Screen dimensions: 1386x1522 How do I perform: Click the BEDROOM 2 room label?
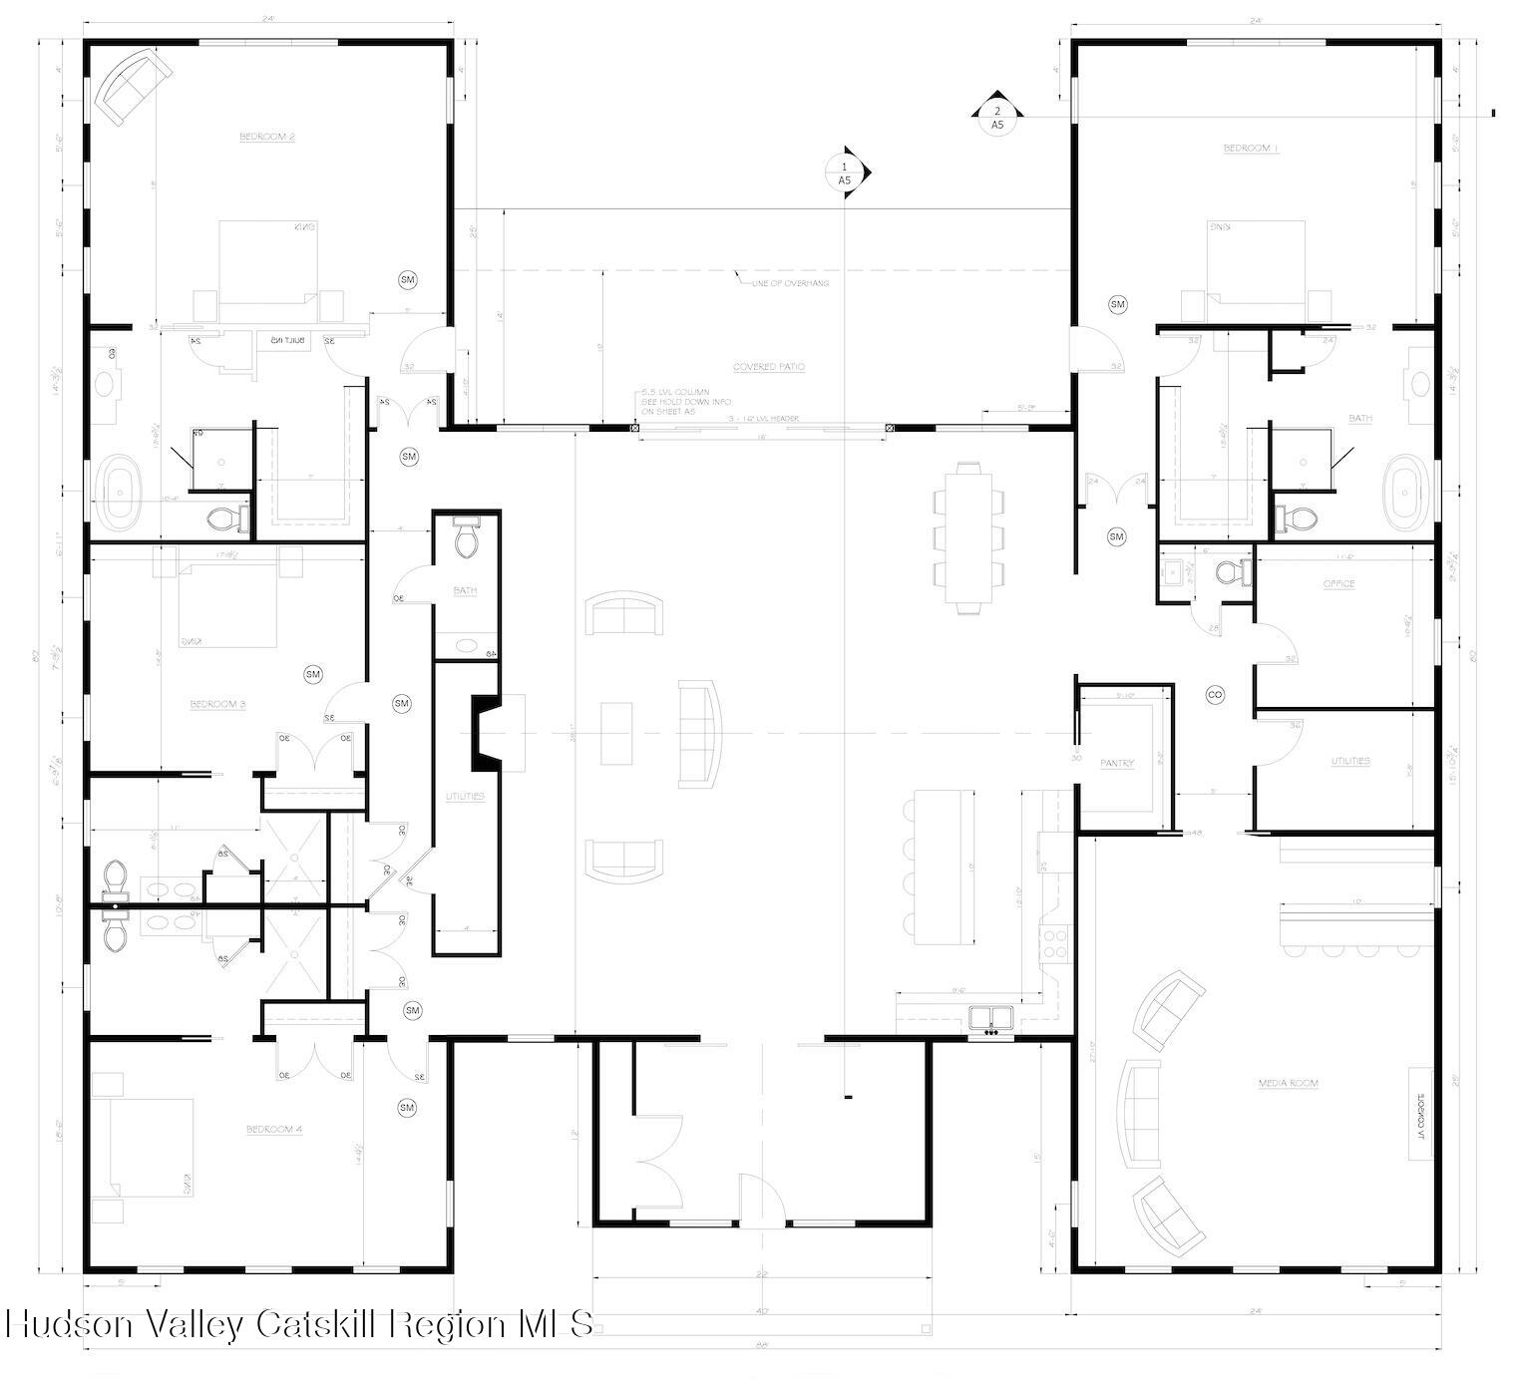(266, 137)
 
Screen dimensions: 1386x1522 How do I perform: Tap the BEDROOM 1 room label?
(1251, 149)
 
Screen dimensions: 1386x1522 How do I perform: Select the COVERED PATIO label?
(768, 367)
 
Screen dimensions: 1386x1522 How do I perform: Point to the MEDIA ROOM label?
(1288, 1083)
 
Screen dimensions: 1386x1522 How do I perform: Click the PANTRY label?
(1117, 764)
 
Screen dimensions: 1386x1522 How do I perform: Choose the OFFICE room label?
(1338, 584)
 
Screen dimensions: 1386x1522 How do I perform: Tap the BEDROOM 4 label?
(274, 1129)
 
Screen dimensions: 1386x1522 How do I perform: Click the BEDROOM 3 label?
(217, 705)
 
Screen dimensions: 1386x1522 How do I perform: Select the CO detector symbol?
(1215, 694)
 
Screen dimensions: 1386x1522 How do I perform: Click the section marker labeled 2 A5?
(996, 118)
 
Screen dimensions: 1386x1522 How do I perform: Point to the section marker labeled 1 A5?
(846, 173)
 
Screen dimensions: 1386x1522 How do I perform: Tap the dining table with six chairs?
(966, 538)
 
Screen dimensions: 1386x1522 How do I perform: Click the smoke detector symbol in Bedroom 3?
(313, 675)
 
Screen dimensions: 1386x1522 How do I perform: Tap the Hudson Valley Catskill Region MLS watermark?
(299, 1324)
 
